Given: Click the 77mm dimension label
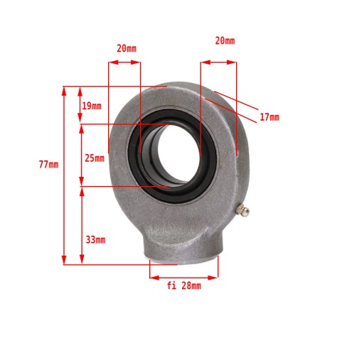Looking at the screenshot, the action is [48, 164].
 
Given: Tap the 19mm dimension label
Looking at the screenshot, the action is [92, 106].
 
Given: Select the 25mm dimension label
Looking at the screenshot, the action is [95, 158].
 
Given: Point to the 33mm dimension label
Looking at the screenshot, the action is [95, 240].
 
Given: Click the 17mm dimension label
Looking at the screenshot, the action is [269, 117].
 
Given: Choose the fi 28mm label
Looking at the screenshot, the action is [184, 285].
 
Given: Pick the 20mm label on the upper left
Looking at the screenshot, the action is [127, 48].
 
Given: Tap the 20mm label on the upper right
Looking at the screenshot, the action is [225, 40].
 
